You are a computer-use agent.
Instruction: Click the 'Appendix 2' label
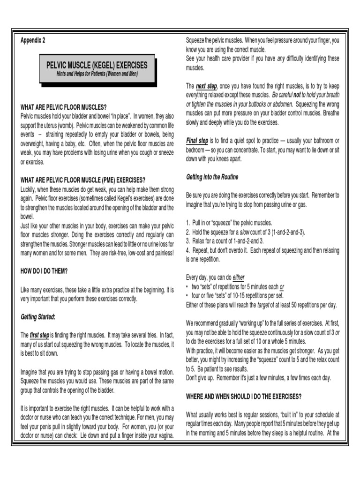click(x=33, y=40)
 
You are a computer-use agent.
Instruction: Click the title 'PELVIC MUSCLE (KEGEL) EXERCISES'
click(x=96, y=65)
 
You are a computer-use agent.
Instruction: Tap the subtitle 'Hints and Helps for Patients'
click(x=97, y=74)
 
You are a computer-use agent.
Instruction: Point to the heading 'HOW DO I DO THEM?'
click(x=44, y=271)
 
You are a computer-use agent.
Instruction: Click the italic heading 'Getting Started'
click(x=37, y=317)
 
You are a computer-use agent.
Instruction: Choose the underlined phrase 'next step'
click(x=206, y=86)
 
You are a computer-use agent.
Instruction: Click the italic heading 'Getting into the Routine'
click(x=212, y=177)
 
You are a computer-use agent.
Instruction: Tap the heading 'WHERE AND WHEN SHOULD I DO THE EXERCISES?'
click(x=243, y=396)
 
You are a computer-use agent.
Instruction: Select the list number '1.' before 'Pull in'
click(x=187, y=223)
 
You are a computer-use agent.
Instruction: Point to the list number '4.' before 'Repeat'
click(x=187, y=250)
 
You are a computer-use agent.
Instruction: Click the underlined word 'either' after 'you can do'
click(x=239, y=277)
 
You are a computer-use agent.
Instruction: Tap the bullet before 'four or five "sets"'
click(x=187, y=296)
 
